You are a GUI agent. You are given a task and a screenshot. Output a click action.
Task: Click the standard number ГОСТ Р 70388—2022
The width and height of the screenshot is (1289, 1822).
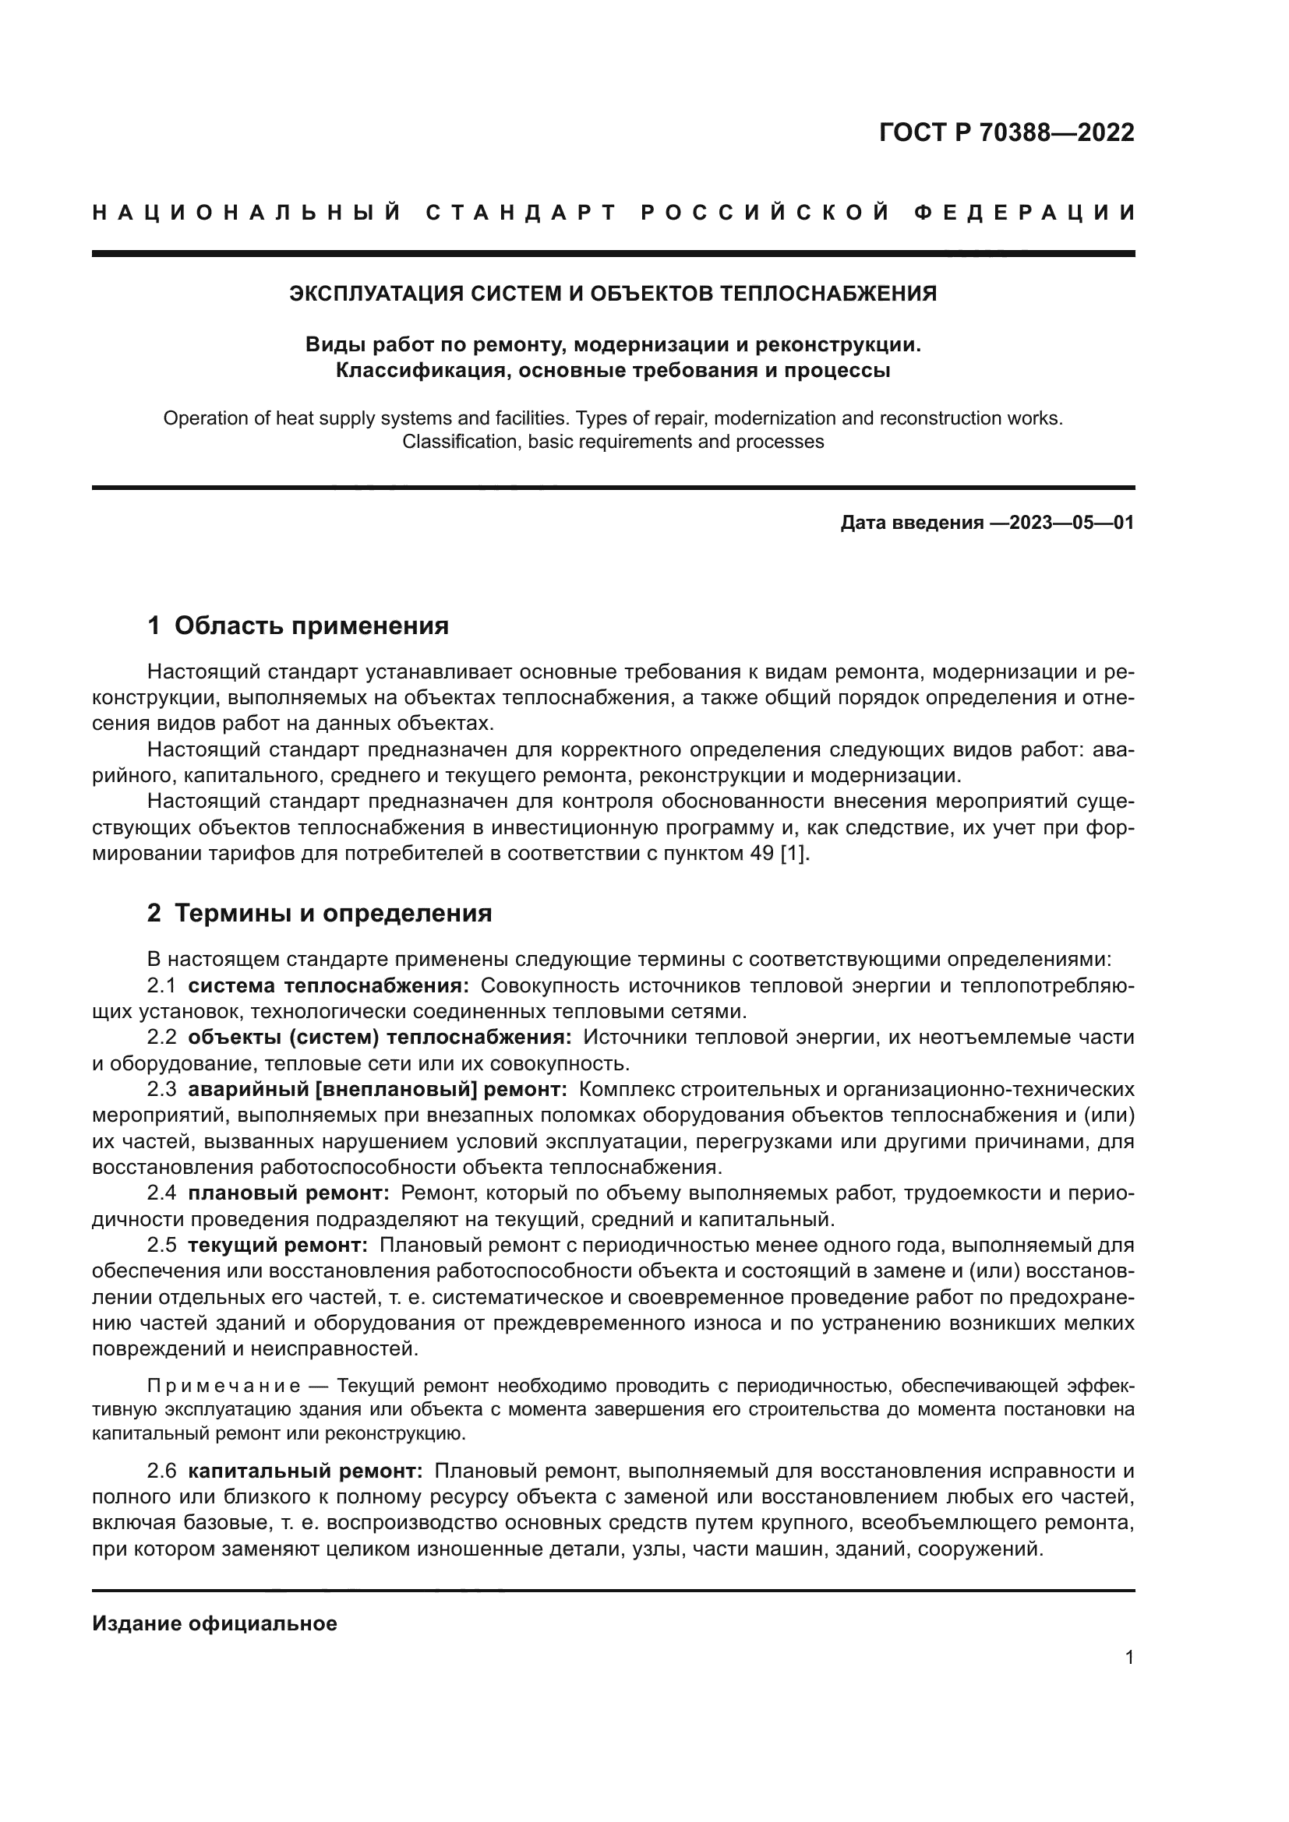(1006, 132)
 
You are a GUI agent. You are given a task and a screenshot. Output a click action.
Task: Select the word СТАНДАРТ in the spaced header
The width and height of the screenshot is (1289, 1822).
(521, 213)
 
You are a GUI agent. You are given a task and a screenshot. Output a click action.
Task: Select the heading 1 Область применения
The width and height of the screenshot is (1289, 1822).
(298, 626)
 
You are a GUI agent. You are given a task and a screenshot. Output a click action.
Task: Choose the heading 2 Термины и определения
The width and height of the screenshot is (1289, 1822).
(320, 913)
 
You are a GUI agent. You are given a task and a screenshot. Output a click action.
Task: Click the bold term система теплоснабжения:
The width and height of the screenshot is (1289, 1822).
(329, 985)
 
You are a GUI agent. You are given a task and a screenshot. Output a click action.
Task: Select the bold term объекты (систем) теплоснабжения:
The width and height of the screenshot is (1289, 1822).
(380, 1037)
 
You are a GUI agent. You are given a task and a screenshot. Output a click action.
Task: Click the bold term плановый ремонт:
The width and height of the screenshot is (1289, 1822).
(289, 1193)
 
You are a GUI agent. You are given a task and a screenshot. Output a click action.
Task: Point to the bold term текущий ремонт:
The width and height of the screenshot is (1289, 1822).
(277, 1245)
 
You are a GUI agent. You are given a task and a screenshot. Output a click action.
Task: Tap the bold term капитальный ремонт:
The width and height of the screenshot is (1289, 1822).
(305, 1471)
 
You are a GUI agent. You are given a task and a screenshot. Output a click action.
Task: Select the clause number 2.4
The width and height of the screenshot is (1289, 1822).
(162, 1193)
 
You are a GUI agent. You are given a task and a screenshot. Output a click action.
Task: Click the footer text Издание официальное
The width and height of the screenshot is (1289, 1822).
(214, 1623)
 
